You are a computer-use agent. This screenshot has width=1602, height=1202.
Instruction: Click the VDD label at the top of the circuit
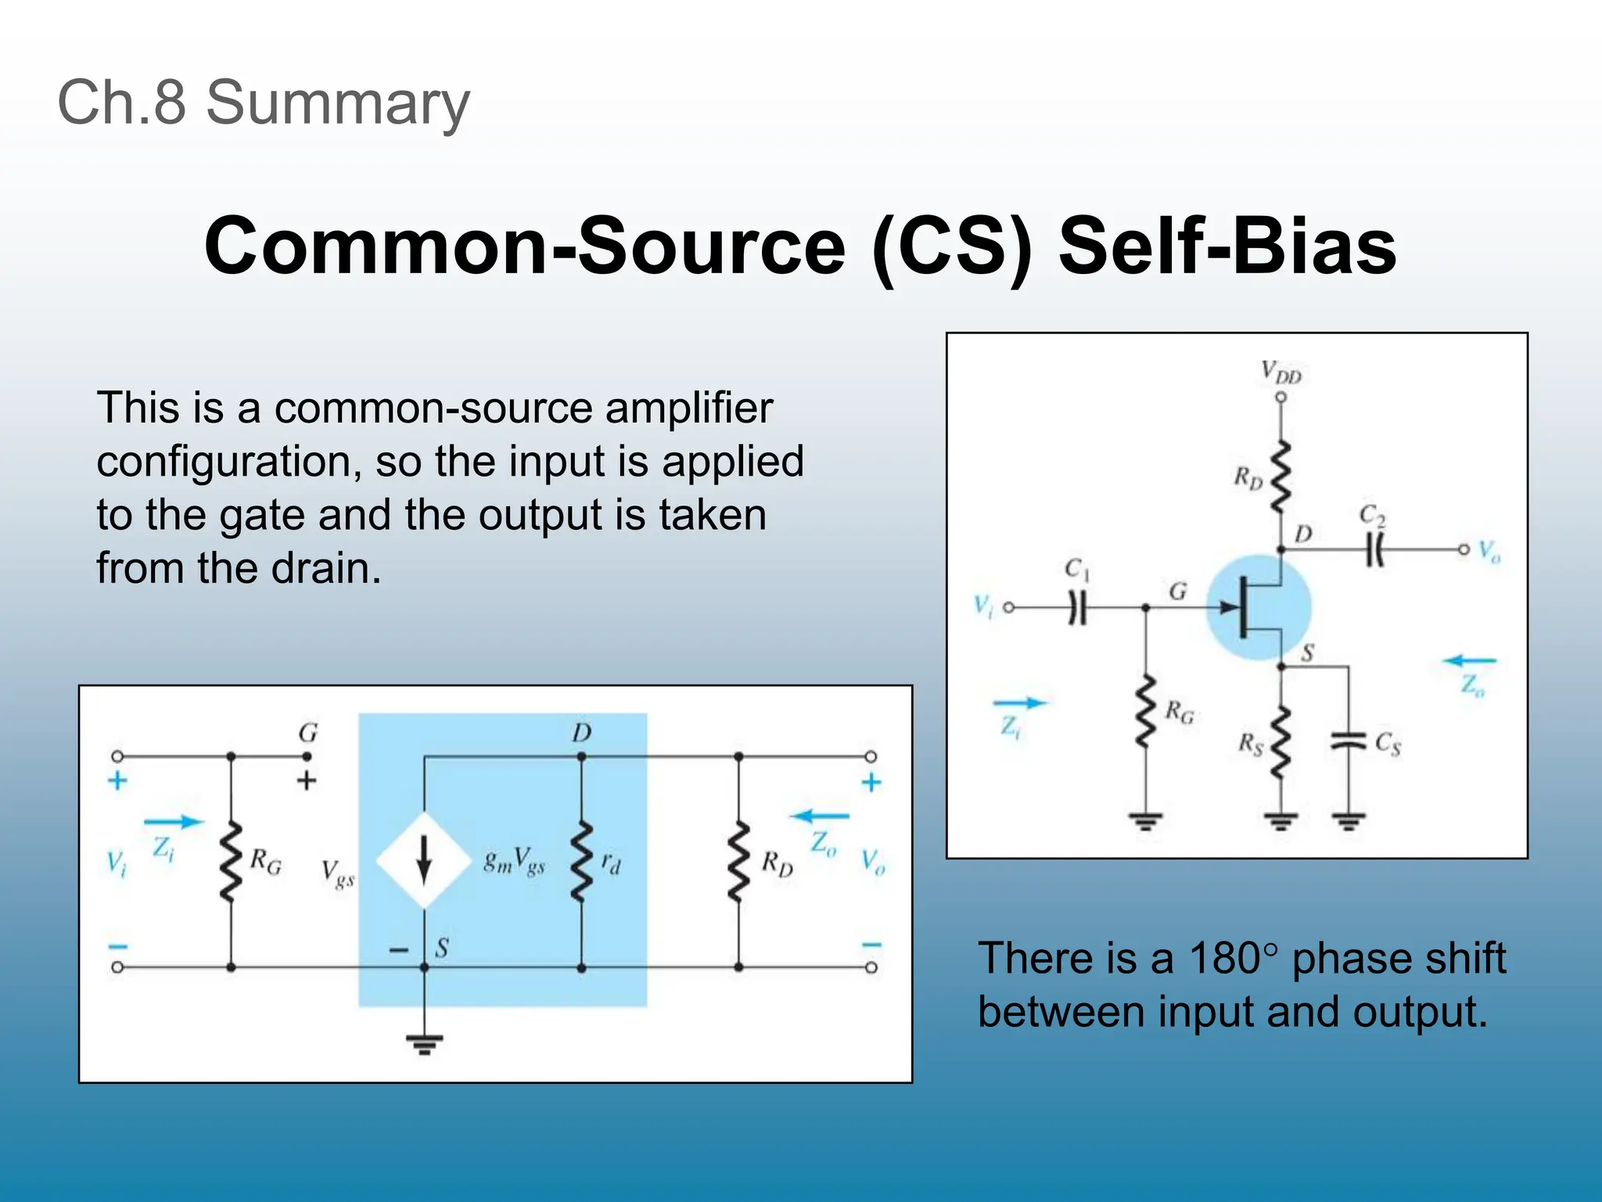coord(1281,372)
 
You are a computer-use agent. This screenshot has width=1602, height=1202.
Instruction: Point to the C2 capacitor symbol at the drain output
coord(1374,549)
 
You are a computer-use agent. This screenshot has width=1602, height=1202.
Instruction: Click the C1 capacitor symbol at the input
coord(1077,607)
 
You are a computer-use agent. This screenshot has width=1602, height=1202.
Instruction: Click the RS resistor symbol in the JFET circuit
coord(1281,743)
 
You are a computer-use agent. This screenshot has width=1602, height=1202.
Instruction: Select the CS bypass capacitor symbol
coord(1348,740)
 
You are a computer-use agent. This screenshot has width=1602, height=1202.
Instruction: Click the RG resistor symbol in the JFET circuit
coord(1146,712)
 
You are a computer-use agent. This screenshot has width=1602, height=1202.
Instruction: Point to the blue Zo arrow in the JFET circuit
coord(1469,661)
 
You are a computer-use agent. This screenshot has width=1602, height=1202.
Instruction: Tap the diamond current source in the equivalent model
coord(424,861)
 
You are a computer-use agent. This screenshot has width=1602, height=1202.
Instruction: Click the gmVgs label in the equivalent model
coord(514,861)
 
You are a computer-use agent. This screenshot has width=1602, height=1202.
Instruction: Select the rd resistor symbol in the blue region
coord(581,862)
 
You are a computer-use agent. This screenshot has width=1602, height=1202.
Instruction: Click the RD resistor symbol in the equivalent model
coord(738,862)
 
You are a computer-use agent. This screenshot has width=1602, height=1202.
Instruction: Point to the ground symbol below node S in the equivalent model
coord(424,1043)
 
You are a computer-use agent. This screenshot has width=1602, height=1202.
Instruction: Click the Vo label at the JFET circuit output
coord(1489,552)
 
